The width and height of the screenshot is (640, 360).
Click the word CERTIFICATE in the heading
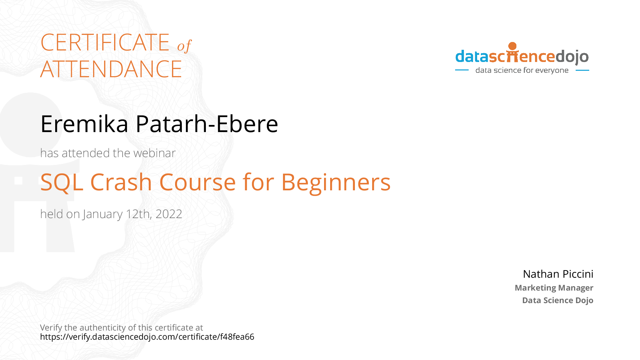105,42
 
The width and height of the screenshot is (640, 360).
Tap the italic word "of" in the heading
185,46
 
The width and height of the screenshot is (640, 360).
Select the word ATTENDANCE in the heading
111,69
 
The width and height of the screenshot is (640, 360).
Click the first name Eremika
84,124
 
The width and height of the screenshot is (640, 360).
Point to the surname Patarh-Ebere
207,124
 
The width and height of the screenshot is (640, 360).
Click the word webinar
154,153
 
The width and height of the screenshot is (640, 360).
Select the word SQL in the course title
62,183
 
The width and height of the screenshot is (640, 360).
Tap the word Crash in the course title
121,182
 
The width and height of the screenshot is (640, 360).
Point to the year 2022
169,214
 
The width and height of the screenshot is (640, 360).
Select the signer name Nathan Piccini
558,274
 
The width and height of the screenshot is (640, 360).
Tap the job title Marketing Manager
554,288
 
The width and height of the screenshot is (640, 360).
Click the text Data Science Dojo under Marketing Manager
558,300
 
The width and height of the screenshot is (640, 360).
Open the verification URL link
147,337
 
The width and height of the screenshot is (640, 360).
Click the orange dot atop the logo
513,46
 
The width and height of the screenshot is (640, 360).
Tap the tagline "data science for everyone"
522,70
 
